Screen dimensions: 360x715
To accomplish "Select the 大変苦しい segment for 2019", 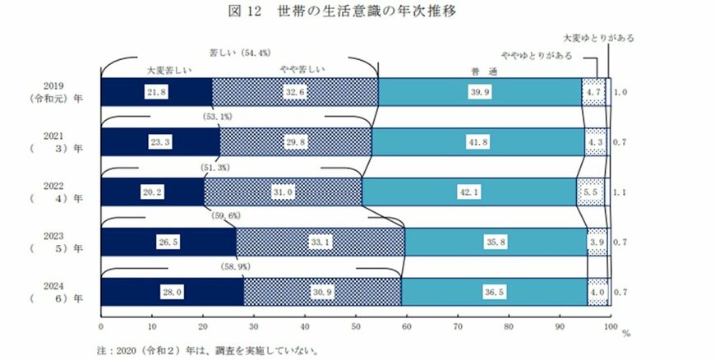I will pyautogui.click(x=155, y=92).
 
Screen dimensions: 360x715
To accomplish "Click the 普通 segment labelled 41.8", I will pyautogui.click(x=478, y=142).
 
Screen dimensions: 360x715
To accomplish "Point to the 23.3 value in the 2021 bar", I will pyautogui.click(x=160, y=142).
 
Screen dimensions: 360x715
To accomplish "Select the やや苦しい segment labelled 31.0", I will pyautogui.click(x=282, y=192).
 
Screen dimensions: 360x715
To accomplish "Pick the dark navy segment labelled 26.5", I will pyautogui.click(x=168, y=242).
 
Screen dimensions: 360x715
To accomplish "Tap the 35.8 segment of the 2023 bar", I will pyautogui.click(x=496, y=242).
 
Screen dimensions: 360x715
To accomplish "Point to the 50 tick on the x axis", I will pyautogui.click(x=354, y=326).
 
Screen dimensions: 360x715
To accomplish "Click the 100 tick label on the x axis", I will pyautogui.click(x=609, y=326).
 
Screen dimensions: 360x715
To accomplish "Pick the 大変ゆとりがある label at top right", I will pyautogui.click(x=598, y=37).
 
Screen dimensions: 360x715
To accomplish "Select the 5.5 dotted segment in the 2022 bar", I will pyautogui.click(x=591, y=192).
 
